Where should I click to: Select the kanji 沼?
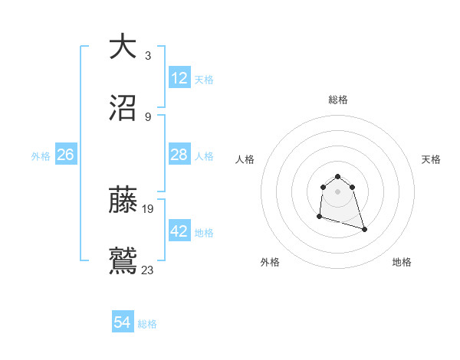[123, 108]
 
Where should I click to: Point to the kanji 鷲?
[123, 260]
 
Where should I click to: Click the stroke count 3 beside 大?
[147, 56]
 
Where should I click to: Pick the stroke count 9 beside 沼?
[147, 116]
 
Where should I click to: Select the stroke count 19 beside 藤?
[149, 208]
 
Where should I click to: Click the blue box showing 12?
[179, 78]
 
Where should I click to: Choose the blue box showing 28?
[179, 155]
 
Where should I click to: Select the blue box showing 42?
[179, 231]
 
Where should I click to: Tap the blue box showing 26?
[65, 155]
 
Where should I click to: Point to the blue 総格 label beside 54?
[147, 324]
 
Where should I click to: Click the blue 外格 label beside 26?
[41, 156]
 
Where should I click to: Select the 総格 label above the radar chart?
[337, 100]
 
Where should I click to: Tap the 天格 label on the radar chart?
[431, 159]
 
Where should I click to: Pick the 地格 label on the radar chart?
[402, 262]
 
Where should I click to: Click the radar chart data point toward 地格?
[364, 229]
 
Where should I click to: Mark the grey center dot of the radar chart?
[337, 191]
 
